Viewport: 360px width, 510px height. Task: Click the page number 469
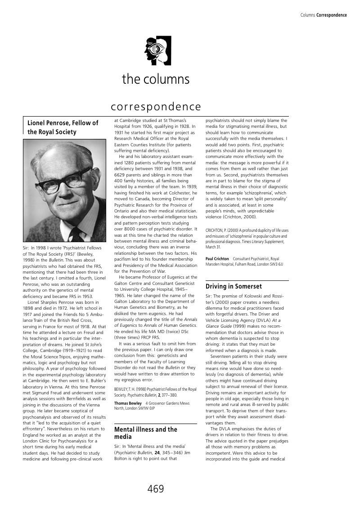coord(156,489)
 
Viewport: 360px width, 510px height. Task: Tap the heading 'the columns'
coord(156,79)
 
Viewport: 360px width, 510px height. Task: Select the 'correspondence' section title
coord(156,107)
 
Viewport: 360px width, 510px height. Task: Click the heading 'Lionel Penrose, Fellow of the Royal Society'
coord(63,127)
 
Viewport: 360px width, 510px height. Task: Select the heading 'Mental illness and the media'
coord(146,433)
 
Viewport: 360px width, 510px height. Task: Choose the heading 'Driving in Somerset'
coord(234,286)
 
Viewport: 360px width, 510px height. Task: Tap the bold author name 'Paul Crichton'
coord(217,259)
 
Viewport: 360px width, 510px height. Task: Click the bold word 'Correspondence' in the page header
coord(332,15)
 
